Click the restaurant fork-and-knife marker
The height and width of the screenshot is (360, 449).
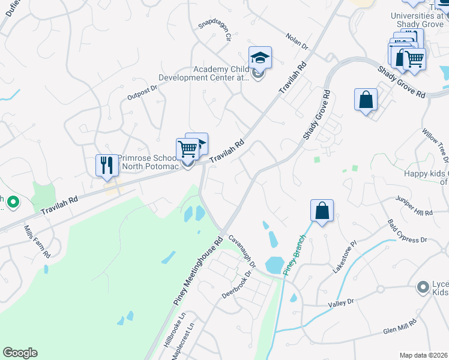pos(107,165)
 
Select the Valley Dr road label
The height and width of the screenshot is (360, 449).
pos(341,303)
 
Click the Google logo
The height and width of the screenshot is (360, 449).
pos(20,353)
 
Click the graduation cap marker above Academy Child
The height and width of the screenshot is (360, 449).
pos(260,58)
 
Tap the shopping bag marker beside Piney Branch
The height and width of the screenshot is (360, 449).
pos(322,211)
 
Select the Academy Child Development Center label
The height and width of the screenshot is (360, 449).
pos(204,73)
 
